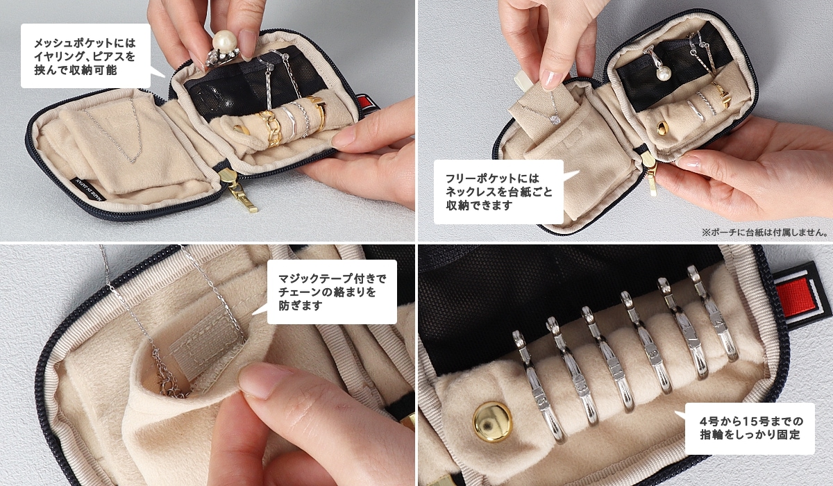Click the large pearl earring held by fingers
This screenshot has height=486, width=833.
(x=224, y=44)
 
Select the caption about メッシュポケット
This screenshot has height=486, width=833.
(x=85, y=56)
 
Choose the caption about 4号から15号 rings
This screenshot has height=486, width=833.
(x=750, y=428)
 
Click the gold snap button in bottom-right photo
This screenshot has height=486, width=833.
(x=492, y=421)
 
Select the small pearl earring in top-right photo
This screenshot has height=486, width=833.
(x=662, y=72)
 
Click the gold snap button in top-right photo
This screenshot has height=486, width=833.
(x=660, y=128)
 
